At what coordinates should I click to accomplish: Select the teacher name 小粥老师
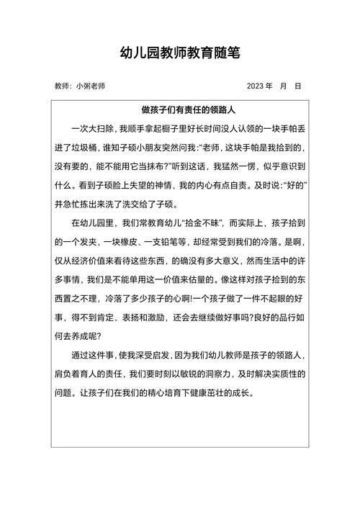pyautogui.click(x=90, y=86)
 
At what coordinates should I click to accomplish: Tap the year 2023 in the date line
pyautogui.click(x=255, y=86)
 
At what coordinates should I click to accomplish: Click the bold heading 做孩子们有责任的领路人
pyautogui.click(x=180, y=112)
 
